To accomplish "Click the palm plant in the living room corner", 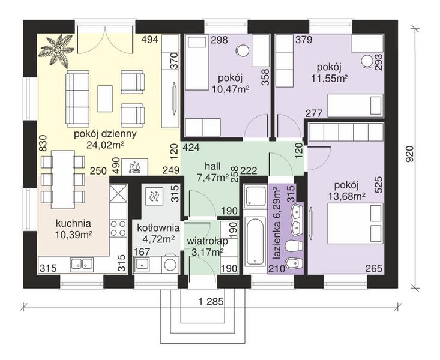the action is pyautogui.click(x=58, y=50).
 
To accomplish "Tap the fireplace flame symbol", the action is pyautogui.click(x=135, y=167).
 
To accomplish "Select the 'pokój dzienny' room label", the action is pyautogui.click(x=105, y=134).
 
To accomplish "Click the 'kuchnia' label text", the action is pyautogui.click(x=73, y=224).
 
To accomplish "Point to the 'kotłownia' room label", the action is pyautogui.click(x=158, y=227).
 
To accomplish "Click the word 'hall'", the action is pyautogui.click(x=212, y=166).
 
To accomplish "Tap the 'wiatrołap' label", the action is pyautogui.click(x=207, y=241).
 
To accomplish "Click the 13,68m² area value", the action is pyautogui.click(x=346, y=196).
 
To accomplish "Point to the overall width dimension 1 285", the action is pyautogui.click(x=211, y=302).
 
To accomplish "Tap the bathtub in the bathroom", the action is pyautogui.click(x=255, y=241).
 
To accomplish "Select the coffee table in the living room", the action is pyautogui.click(x=105, y=98).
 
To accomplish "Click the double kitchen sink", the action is pyautogui.click(x=82, y=264).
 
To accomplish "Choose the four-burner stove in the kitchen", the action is pyautogui.click(x=118, y=229).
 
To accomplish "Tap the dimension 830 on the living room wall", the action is pyautogui.click(x=43, y=143).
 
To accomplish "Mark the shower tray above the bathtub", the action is pyautogui.click(x=255, y=196).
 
